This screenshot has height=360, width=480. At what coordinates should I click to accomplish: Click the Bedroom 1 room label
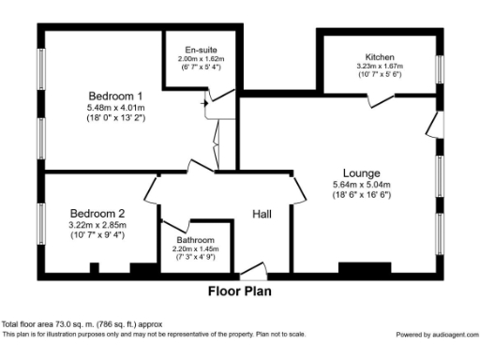(x=116, y=96)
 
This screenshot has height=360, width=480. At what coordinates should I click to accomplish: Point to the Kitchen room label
(x=381, y=56)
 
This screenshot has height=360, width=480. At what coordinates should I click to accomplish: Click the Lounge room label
(x=361, y=172)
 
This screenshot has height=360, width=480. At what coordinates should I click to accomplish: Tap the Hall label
(x=262, y=215)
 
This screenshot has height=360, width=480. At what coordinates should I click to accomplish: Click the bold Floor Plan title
(x=240, y=292)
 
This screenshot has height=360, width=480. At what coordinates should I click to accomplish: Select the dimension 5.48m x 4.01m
(x=116, y=109)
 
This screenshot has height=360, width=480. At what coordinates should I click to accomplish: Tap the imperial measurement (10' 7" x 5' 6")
(x=381, y=75)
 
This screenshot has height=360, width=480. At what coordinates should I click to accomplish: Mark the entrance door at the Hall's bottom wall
(x=251, y=274)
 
